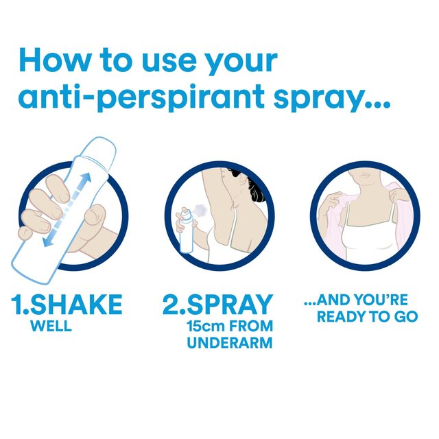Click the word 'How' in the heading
coord(57,60)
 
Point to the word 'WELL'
coord(51,326)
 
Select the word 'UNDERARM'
coord(230,343)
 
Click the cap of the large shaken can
coord(101,149)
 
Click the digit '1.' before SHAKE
coord(19,305)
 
